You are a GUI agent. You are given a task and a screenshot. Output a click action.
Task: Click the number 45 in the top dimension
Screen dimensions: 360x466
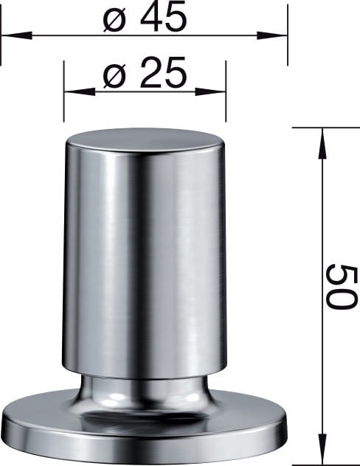(164, 17)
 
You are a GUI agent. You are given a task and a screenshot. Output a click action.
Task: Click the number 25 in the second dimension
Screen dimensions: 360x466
(164, 72)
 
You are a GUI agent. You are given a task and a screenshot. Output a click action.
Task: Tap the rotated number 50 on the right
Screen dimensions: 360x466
(340, 286)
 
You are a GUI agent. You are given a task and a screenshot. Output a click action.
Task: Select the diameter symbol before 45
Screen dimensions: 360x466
(114, 20)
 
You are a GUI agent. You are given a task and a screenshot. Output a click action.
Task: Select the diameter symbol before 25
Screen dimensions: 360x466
(114, 76)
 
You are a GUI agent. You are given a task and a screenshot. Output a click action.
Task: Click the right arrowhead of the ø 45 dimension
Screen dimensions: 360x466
(272, 35)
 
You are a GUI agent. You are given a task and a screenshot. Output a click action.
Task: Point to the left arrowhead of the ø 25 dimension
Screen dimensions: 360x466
(80, 91)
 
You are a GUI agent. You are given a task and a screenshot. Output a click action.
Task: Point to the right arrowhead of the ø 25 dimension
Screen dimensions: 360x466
(210, 91)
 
